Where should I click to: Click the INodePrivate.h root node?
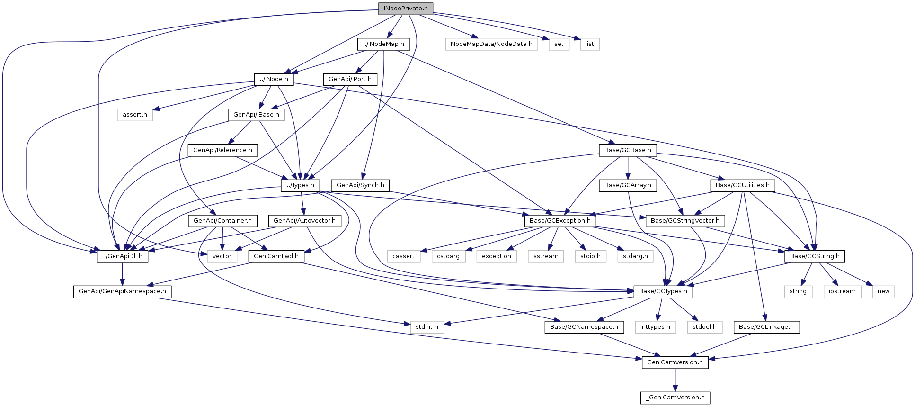(x=405, y=9)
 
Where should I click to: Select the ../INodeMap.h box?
(x=383, y=44)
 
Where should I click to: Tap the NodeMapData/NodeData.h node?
(x=491, y=44)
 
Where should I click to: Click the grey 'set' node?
(x=559, y=44)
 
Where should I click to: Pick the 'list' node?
(x=590, y=44)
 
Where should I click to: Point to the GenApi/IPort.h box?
(x=350, y=79)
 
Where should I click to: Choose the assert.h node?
(x=135, y=115)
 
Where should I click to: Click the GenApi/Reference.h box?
(x=222, y=150)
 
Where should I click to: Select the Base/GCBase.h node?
(x=628, y=150)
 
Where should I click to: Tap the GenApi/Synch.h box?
(x=360, y=185)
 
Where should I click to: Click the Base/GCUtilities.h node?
(x=743, y=185)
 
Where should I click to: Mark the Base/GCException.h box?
(x=560, y=221)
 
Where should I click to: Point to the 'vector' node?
(x=222, y=256)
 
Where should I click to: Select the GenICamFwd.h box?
(x=276, y=256)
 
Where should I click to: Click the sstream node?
(x=546, y=256)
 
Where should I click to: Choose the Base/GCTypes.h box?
(x=663, y=291)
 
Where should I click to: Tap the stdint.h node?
(x=427, y=327)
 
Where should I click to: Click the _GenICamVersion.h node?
(x=675, y=398)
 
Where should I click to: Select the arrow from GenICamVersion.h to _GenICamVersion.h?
(x=675, y=380)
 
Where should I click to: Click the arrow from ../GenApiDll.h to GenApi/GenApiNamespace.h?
(x=123, y=274)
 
